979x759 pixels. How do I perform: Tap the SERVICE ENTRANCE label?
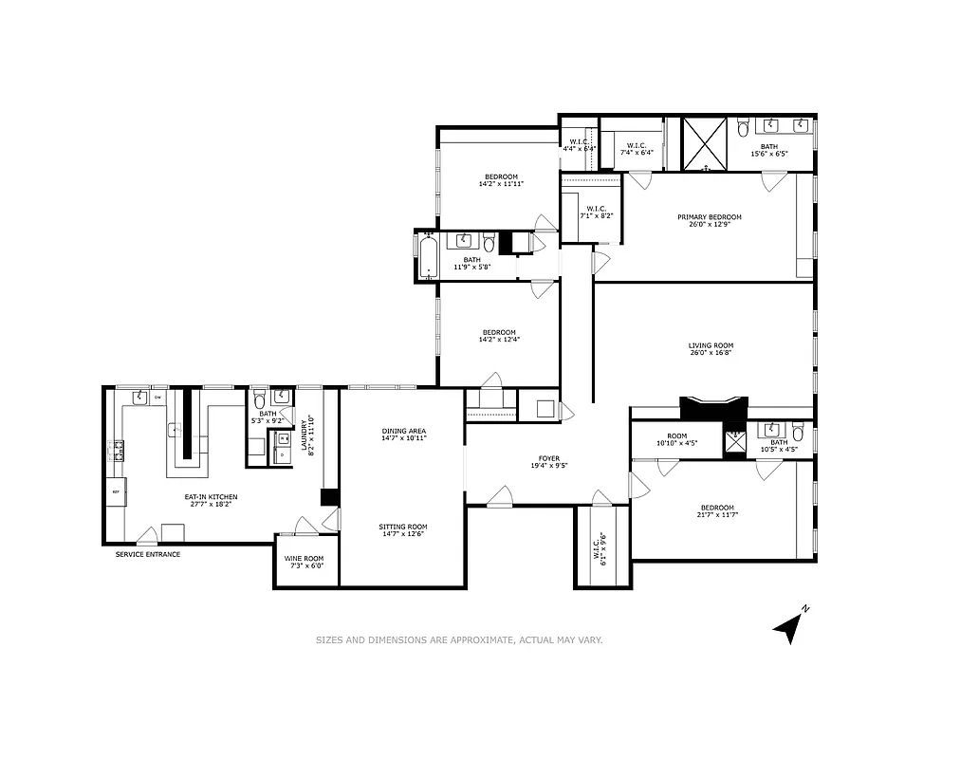tap(147, 554)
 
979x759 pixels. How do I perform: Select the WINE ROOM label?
tap(305, 558)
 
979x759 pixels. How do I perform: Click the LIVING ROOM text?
tap(711, 345)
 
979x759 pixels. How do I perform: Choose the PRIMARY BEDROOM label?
tap(710, 217)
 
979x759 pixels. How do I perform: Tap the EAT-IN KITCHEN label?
tap(211, 496)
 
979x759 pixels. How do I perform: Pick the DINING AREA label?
tap(403, 431)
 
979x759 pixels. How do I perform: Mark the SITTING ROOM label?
tap(403, 527)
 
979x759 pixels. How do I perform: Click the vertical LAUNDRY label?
tap(305, 435)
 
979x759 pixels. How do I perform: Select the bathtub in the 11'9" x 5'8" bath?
tap(428, 256)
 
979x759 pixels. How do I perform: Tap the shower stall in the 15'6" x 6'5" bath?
tap(705, 143)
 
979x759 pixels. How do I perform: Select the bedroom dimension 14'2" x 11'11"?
tap(501, 184)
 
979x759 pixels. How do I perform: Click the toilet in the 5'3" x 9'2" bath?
tap(259, 401)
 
